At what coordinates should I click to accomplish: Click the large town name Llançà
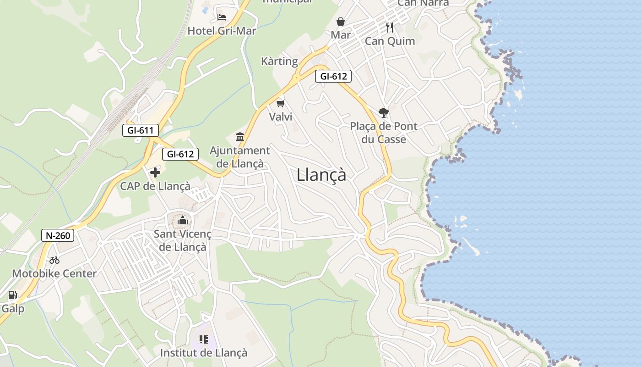coord(321,175)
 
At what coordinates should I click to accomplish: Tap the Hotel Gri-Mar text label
coord(222,31)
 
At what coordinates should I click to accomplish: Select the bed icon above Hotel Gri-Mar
coord(222,17)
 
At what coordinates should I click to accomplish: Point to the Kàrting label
coord(279,61)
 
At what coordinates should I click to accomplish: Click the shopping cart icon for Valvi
coord(281,103)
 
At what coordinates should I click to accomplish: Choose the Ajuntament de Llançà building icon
coord(240,137)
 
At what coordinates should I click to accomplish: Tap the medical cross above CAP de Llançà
coord(155,172)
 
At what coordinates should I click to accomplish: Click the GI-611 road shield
coord(141,130)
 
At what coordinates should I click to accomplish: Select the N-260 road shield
coord(58,236)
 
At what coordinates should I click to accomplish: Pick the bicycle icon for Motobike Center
coord(54,260)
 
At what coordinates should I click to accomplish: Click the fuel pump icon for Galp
coord(12,295)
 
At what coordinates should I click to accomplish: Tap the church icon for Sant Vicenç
coord(183,221)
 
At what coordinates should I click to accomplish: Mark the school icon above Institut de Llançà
coord(204,339)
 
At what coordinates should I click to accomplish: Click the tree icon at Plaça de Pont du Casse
coord(383,112)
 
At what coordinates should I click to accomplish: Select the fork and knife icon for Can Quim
coord(390,28)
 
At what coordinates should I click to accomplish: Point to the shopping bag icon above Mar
coord(341,22)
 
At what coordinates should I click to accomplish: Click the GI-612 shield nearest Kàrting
coord(333,77)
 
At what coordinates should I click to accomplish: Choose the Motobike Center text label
coord(54,274)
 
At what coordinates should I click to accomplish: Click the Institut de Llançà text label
coord(204,353)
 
